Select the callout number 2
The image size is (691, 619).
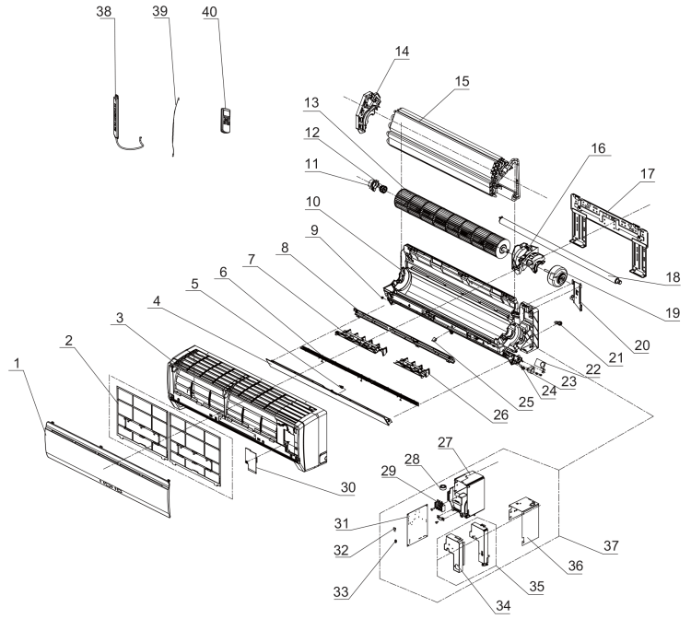67,341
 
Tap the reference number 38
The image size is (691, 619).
105,12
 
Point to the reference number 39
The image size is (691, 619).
160,12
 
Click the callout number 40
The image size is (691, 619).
210,12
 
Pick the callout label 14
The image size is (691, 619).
402,53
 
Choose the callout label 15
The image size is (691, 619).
462,82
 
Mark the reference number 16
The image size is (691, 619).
599,147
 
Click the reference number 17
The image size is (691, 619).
648,173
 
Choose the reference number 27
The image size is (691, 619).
445,441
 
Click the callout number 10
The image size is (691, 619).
313,201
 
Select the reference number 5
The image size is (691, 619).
194,285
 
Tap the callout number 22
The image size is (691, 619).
591,368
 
